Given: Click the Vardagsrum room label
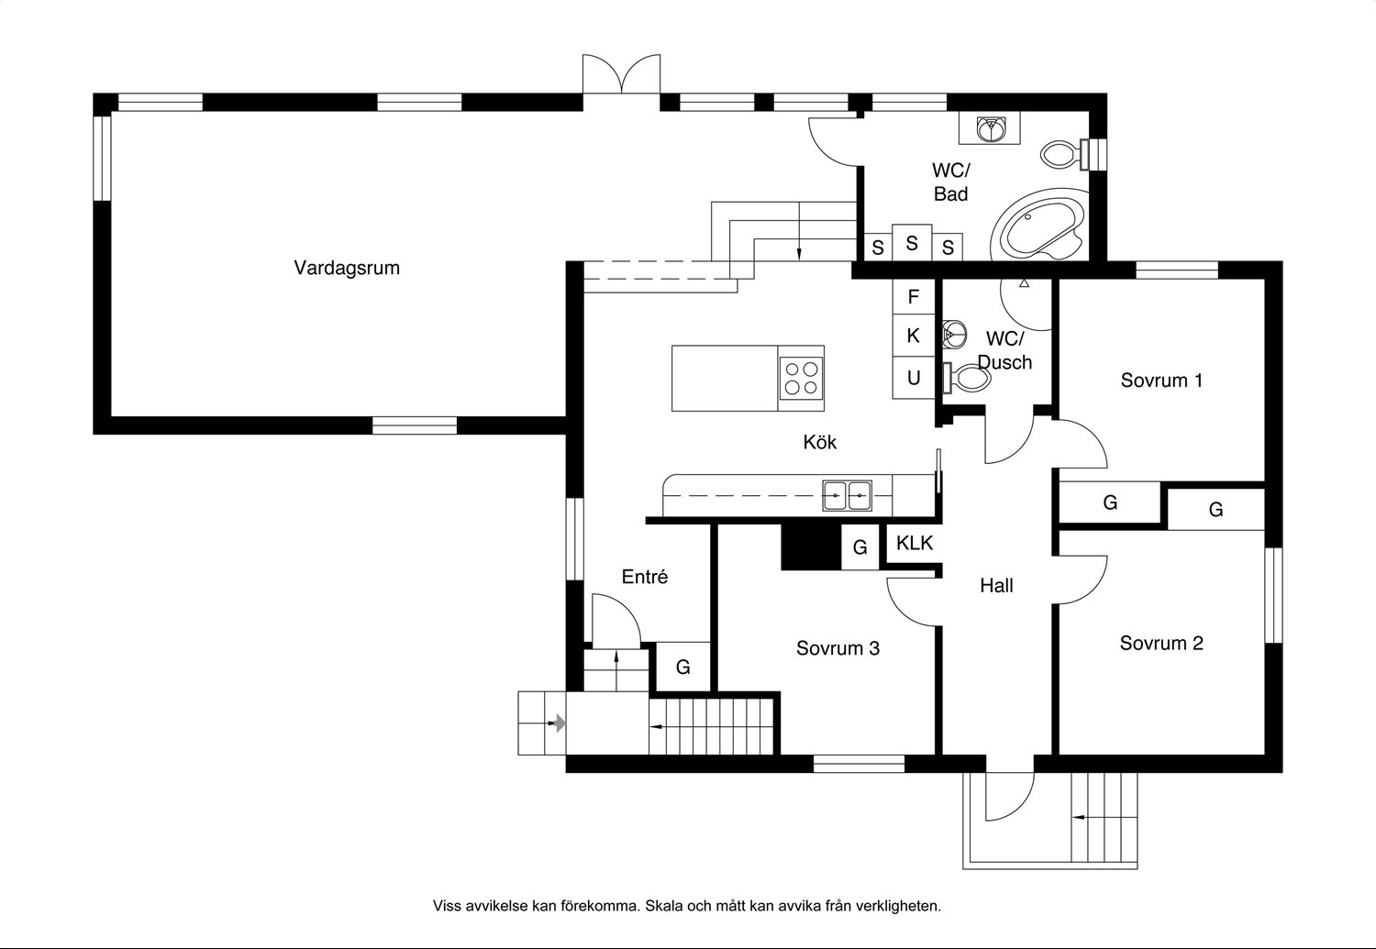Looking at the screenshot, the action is coord(347,269).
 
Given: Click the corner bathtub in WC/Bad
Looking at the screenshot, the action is coord(1041,226).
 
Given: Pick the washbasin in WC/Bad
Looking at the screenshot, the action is coord(990,128).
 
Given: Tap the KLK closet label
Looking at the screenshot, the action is coord(915,543).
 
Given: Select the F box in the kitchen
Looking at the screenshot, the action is coord(914,297).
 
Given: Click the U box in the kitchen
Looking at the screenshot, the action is coord(914,378).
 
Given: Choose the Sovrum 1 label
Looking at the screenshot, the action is coord(1161,381).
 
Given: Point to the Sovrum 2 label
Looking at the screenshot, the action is coord(1161,644).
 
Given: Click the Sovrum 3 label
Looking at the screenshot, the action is coord(838,648).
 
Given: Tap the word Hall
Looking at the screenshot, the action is coord(996,586).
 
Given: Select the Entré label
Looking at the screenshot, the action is coord(644,577).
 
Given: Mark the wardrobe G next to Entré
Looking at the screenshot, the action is coord(683,667).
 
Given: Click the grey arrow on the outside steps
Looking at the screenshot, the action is coord(560,723).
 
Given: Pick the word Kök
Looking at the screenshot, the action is coord(819,442).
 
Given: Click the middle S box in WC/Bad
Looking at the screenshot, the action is coord(912,243).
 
